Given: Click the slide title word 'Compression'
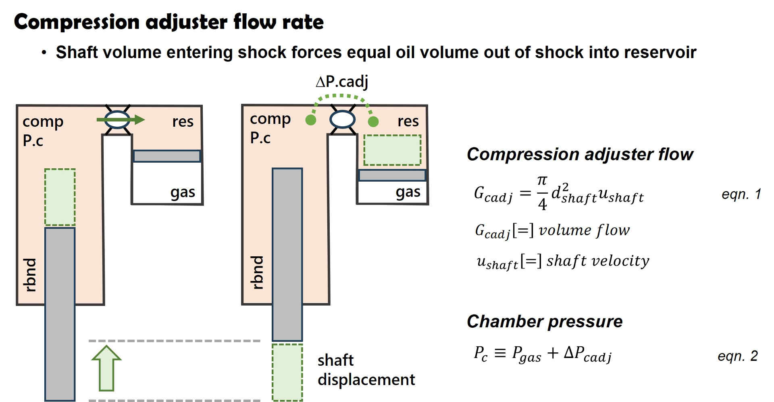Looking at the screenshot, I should pos(77,22).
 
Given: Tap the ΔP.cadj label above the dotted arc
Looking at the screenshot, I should pos(342,82).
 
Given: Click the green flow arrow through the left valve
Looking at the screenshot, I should pos(121,119).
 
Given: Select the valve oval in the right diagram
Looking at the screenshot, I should pos(342,120).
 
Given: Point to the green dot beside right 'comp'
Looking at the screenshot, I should pos(311,120).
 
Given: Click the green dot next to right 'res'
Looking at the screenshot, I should pos(373,121).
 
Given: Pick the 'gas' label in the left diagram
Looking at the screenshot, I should pos(183,192).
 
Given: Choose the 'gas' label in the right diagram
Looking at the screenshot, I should pos(408,192).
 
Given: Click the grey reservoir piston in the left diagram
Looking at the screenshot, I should pos(166,156).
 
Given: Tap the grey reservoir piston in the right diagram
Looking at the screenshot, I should pos(392,175).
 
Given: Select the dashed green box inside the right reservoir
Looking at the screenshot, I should pos(392,150).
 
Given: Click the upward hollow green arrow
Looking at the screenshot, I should pos(106,368).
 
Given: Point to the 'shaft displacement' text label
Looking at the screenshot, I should pos(366,370).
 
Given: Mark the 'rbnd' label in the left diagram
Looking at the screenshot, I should pos(30,275).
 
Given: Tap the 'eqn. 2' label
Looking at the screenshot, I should pos(737,356).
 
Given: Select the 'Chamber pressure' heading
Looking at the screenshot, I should pos(545,322).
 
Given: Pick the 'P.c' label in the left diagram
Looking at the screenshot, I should pos(33,140).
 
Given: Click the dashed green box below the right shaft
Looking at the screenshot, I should pos(287,372).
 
